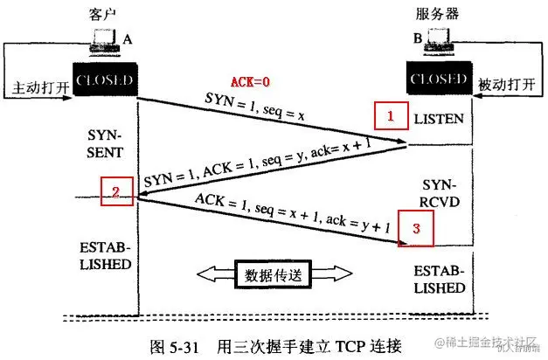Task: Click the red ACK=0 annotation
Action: point(252,82)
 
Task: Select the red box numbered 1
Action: point(392,115)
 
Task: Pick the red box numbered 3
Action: point(416,230)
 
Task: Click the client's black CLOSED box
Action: point(104,81)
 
